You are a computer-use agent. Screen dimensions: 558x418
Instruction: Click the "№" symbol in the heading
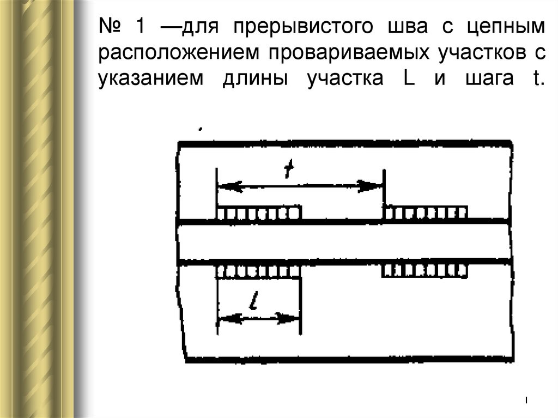(111, 25)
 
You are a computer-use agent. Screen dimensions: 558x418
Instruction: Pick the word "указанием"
(151, 80)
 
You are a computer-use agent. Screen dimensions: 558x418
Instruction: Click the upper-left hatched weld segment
(259, 213)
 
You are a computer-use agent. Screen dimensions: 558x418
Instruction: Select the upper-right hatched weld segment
(425, 213)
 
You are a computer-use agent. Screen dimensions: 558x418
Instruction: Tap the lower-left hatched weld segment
(259, 270)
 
